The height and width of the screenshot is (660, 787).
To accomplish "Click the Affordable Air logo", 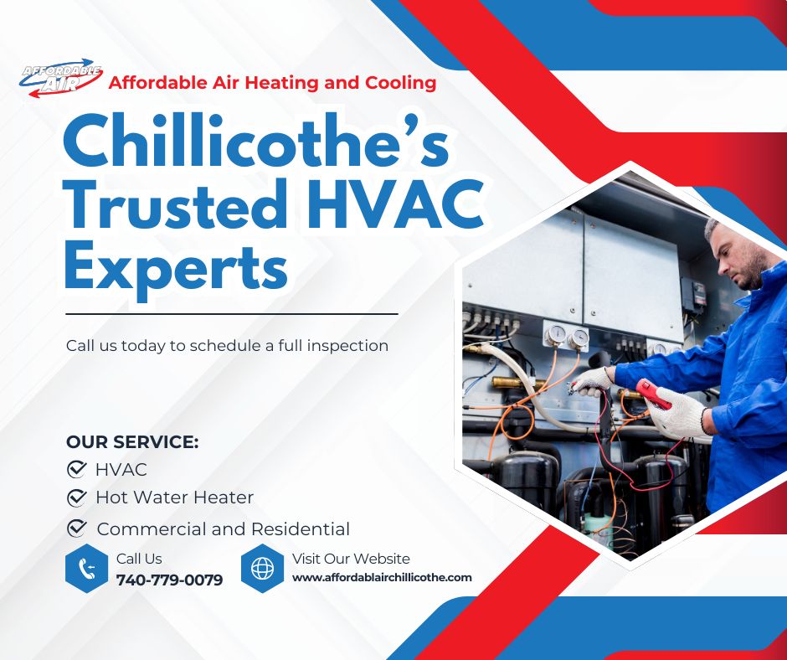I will (x=61, y=81).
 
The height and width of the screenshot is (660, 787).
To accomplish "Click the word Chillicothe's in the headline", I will (x=255, y=143).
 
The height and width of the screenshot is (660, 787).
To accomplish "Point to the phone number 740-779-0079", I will (x=169, y=580).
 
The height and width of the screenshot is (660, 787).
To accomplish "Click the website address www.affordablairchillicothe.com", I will (x=382, y=577).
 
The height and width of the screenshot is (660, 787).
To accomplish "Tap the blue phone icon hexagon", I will (x=87, y=569).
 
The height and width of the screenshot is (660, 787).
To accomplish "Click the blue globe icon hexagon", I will (x=262, y=569).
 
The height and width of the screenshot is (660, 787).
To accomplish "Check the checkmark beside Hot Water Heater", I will (x=77, y=498).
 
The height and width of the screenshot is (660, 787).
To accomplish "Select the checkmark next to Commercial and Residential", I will (x=77, y=528).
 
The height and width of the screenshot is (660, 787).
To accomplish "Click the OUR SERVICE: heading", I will (x=132, y=442).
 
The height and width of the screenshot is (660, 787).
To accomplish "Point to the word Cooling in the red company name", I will (x=400, y=83).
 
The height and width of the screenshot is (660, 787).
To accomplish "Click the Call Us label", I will (x=139, y=559).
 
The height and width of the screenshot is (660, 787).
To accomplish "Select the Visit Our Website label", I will (x=351, y=559).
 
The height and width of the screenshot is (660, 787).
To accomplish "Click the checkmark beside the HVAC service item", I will (x=77, y=469).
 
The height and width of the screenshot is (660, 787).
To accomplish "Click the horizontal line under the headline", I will (x=231, y=314).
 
